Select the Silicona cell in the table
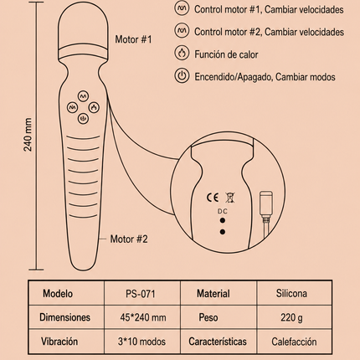coord(291,293)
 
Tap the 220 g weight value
coord(291,317)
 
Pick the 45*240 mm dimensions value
coord(143,317)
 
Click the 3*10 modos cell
coord(141,342)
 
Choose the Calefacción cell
coord(294,342)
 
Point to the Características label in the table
coord(218,342)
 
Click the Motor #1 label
coord(134,39)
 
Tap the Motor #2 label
coord(129,239)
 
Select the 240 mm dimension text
coord(28,135)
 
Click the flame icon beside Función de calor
coord(182,53)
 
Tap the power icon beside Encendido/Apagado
coord(182,75)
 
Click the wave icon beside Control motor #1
coord(182,8)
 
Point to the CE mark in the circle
coord(213,198)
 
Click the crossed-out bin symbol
coord(230,198)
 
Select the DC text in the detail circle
coord(223,211)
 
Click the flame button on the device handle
coord(94,107)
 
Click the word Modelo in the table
coord(58,294)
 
